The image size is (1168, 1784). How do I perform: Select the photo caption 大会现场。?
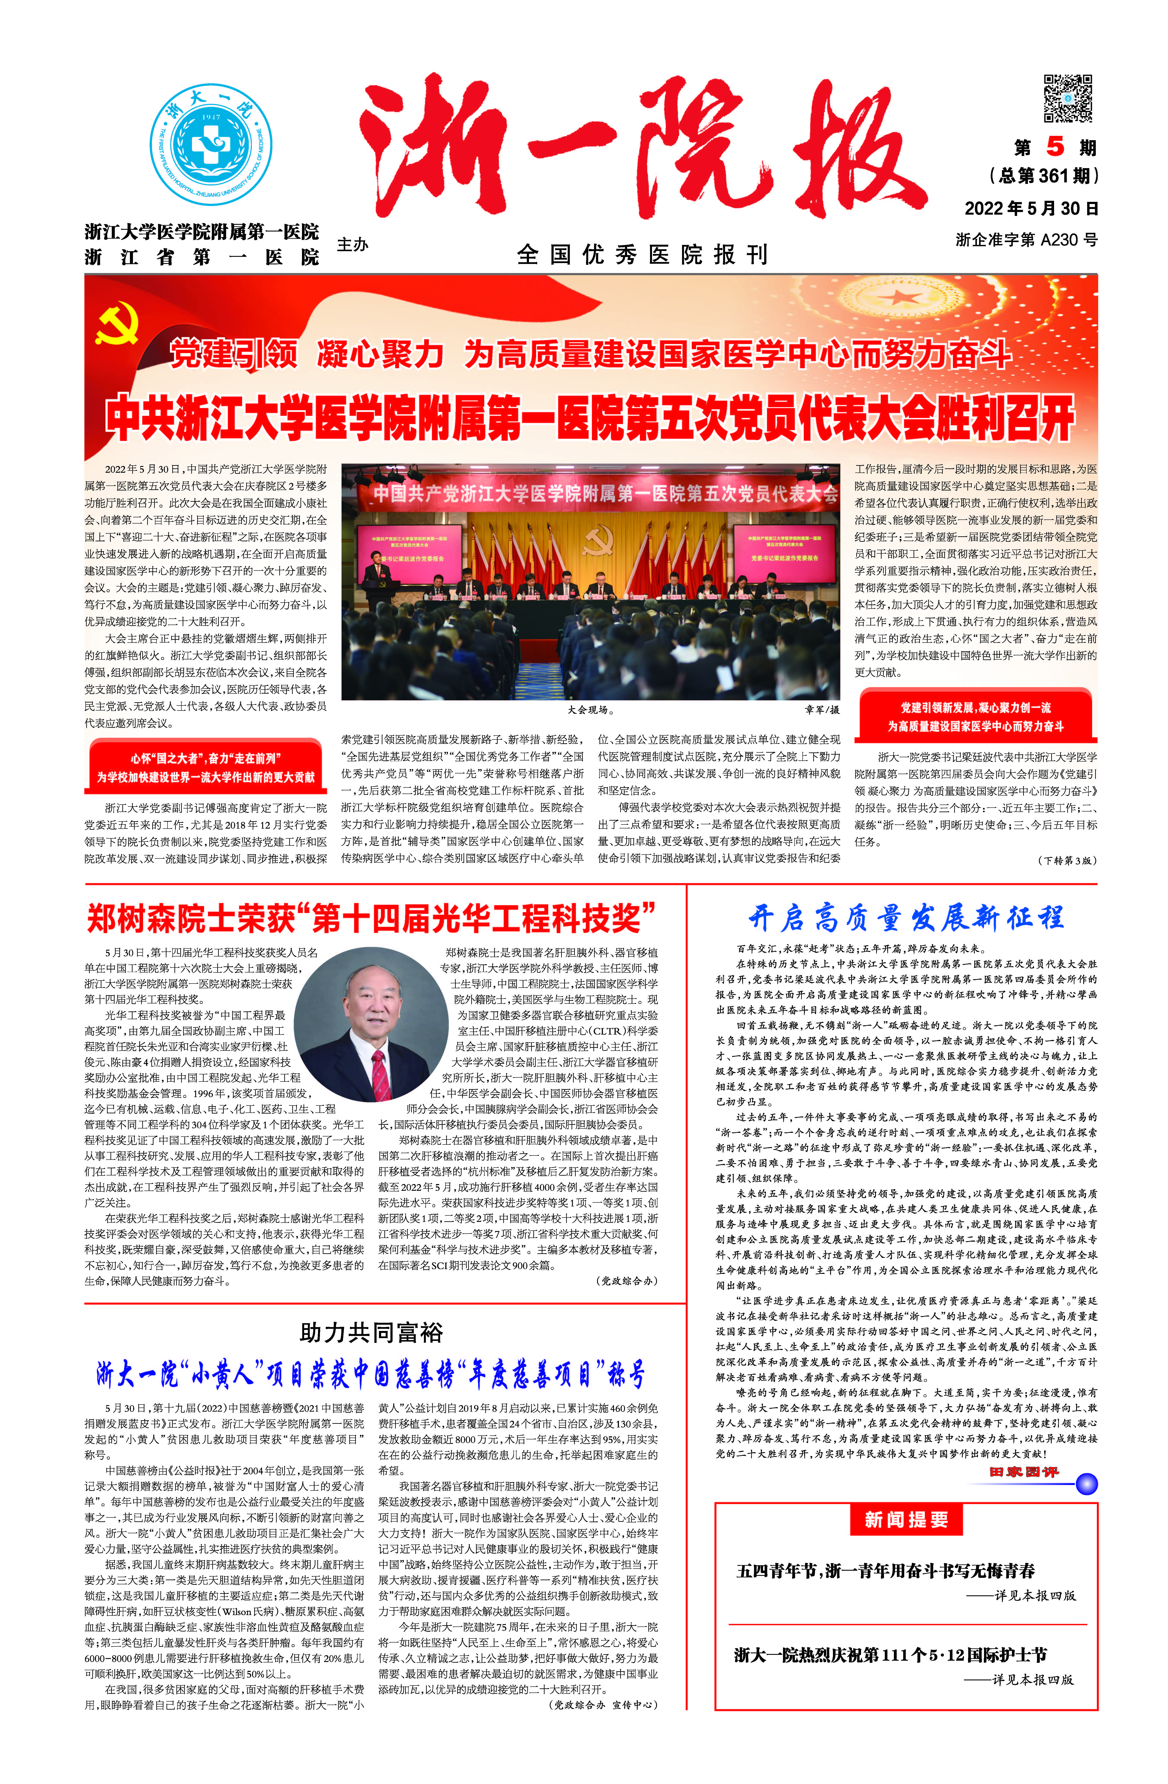click(590, 709)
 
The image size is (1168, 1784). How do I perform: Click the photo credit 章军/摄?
click(822, 709)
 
